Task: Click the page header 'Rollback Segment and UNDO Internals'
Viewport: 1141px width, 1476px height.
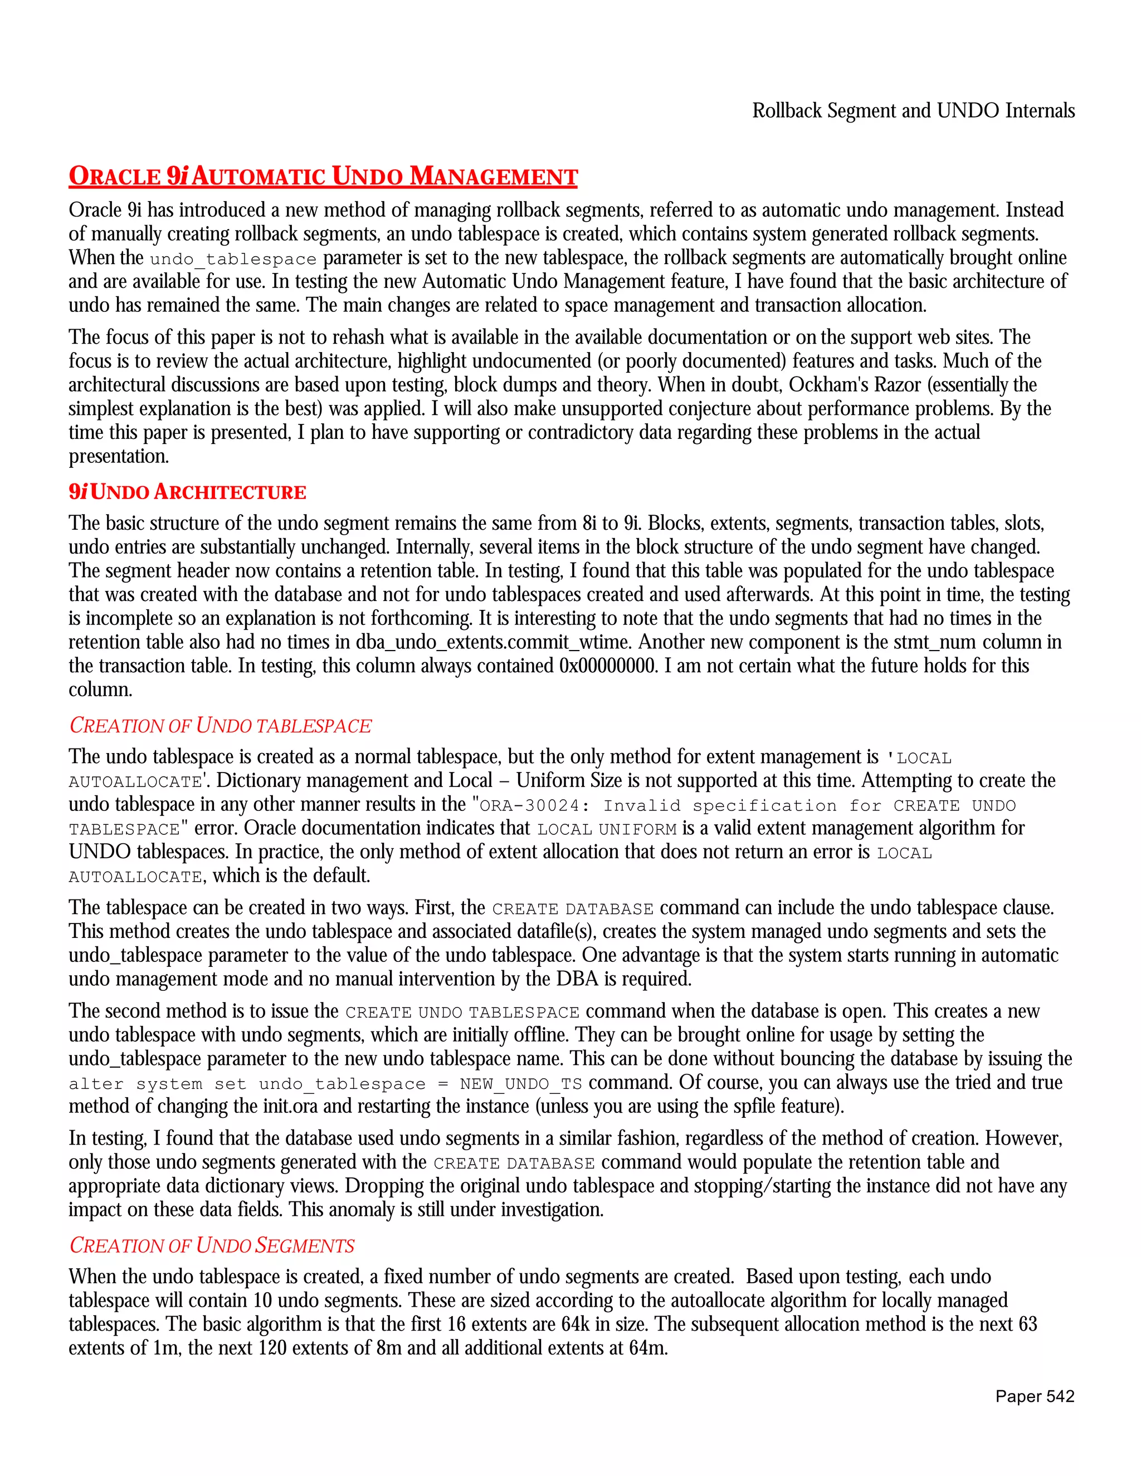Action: tap(913, 110)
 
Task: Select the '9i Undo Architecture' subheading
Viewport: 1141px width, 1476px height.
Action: tap(187, 491)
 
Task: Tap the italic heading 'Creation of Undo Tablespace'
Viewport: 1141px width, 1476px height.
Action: tap(221, 725)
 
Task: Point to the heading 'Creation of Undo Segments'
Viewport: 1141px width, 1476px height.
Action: tap(212, 1245)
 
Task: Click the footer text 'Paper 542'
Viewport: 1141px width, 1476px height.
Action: tap(1034, 1396)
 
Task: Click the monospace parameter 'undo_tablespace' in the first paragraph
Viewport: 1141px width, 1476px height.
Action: tap(233, 260)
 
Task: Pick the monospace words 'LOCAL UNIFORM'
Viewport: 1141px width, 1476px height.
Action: tap(607, 829)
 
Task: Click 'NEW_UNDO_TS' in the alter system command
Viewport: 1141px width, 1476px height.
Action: tap(520, 1084)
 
